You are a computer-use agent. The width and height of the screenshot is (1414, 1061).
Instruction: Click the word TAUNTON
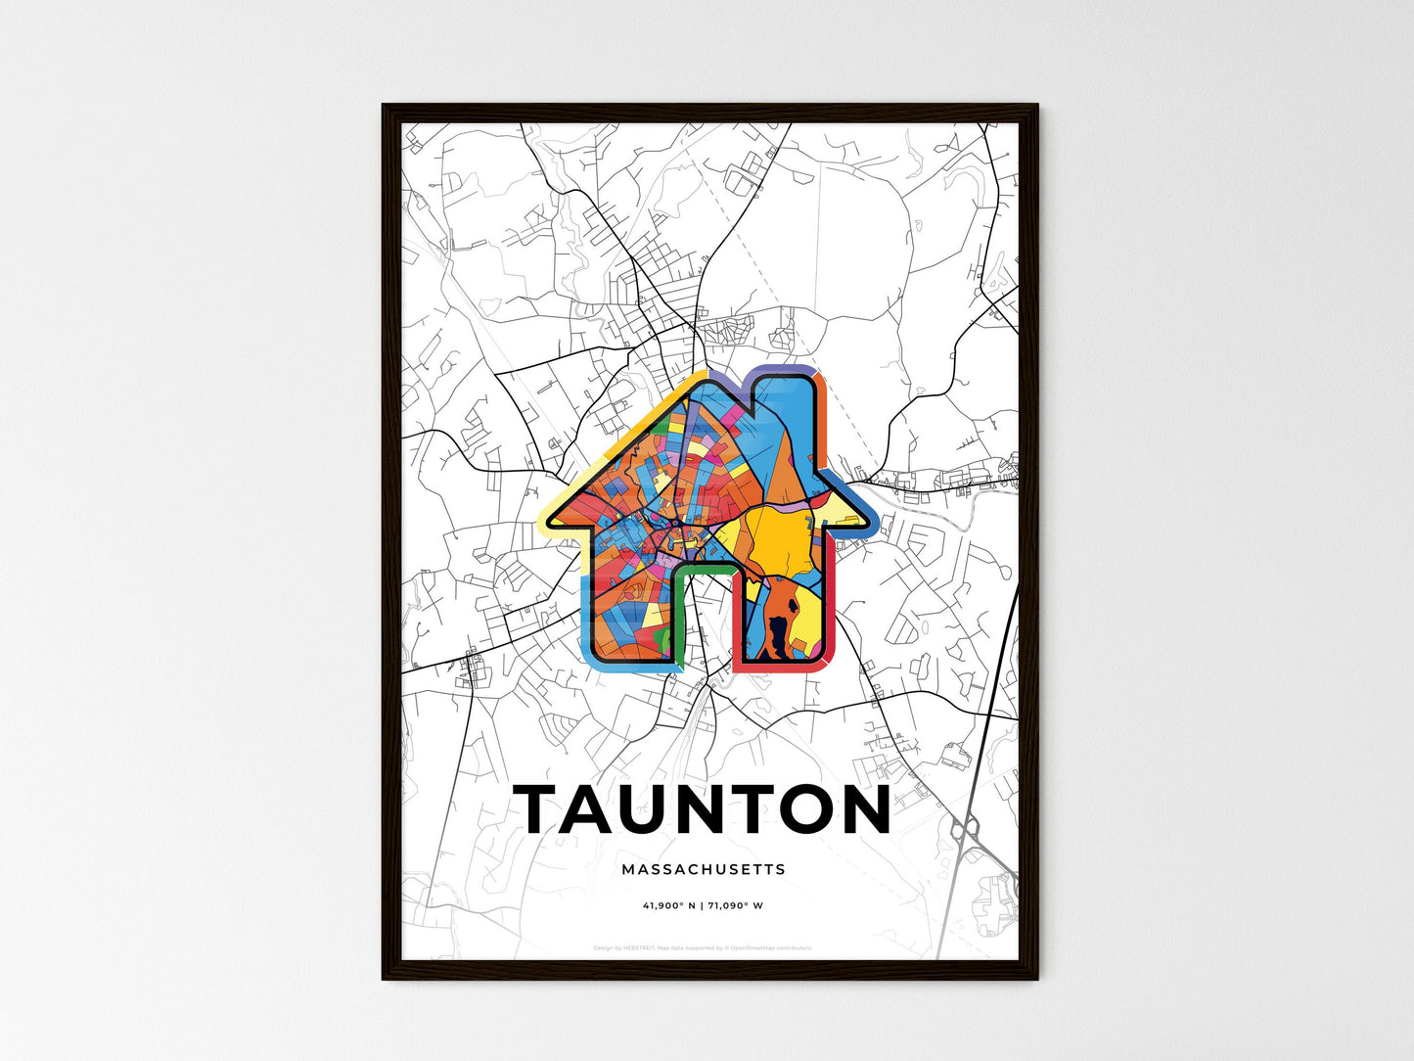[703, 809]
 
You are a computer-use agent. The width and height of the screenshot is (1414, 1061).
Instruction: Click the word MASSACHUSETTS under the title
[703, 869]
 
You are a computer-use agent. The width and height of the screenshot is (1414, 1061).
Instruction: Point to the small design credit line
[703, 947]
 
